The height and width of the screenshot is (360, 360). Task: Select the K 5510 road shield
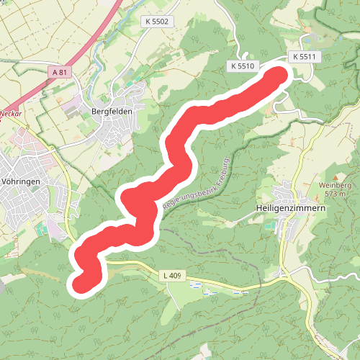(x=243, y=66)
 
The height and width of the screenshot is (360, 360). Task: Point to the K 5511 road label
(x=305, y=56)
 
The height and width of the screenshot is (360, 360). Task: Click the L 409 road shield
(x=171, y=274)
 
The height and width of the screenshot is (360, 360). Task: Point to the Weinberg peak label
(x=334, y=185)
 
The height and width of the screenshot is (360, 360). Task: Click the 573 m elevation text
(x=334, y=194)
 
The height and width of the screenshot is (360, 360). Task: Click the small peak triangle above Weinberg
(x=334, y=176)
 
